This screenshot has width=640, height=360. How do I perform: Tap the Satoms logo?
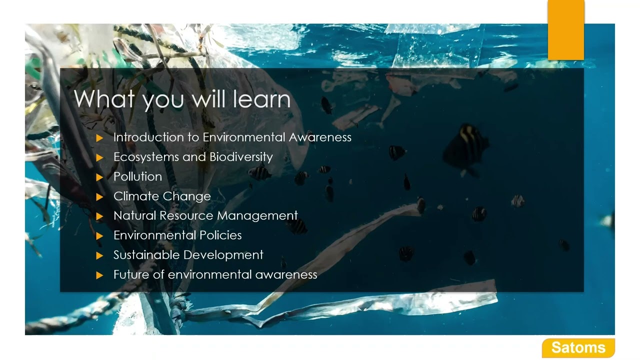click(578, 347)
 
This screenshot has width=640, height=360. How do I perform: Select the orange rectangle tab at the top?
click(566, 29)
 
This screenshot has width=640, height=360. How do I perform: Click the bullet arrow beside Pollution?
click(99, 177)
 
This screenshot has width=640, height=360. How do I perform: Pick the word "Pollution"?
click(137, 176)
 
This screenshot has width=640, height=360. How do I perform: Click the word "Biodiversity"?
click(241, 157)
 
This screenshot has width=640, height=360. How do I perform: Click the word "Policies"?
click(220, 235)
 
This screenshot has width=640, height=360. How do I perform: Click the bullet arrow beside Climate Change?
click(99, 196)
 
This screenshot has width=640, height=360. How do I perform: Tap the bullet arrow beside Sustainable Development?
click(99, 255)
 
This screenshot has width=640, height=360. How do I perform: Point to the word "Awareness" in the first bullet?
click(320, 137)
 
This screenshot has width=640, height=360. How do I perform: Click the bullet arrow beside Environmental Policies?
click(99, 235)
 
